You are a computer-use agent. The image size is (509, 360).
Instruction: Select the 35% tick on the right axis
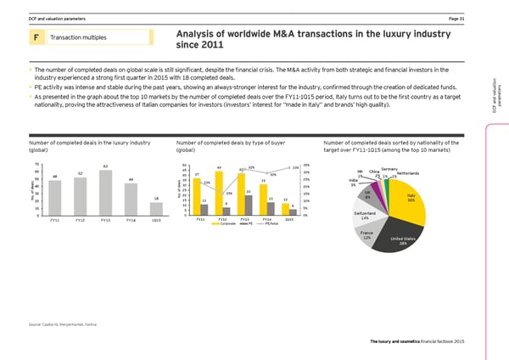pos(306,165)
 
